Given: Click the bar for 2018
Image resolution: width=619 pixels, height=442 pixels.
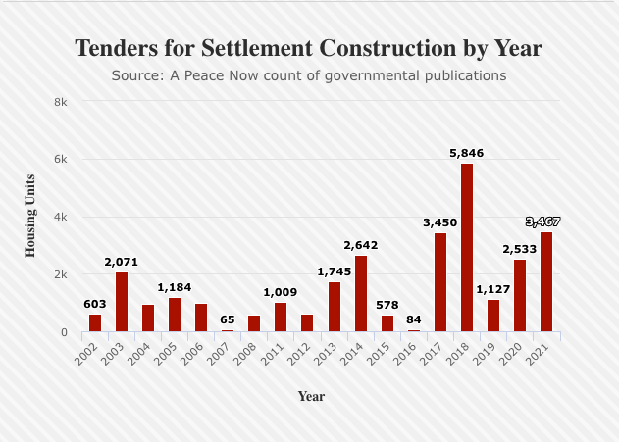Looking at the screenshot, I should point(467,248).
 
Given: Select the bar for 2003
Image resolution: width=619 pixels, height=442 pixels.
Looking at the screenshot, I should point(122,302).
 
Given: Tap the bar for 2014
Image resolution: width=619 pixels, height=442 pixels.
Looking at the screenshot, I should point(361,294).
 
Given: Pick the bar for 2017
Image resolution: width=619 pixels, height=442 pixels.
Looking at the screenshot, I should point(440,282).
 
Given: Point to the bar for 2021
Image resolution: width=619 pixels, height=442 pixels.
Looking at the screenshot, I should point(546,282).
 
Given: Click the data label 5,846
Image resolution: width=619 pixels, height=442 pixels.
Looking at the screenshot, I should point(467,153).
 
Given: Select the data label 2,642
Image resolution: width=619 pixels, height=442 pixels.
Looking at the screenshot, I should point(361,245).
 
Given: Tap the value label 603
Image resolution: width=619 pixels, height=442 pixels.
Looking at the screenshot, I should point(95,304).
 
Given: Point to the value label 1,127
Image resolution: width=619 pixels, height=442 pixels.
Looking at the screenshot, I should point(493,289).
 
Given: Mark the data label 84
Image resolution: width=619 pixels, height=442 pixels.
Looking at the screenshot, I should point(414,319).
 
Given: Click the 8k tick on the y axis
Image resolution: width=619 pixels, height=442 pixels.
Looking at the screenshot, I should point(60,102).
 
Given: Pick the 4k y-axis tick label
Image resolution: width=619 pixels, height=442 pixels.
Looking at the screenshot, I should point(60,217).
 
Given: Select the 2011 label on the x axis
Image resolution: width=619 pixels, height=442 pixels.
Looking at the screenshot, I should point(278,353).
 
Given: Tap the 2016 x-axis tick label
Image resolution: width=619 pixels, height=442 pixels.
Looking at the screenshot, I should point(410,353).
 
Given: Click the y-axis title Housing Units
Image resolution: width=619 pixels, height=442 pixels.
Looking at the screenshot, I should point(30,216).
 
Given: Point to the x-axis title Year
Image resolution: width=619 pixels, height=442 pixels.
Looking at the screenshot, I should point(311,397).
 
